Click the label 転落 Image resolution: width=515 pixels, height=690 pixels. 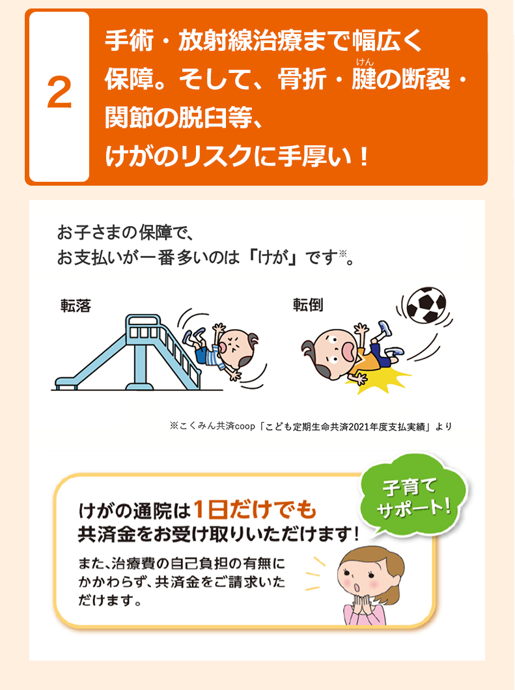pyautogui.click(x=76, y=306)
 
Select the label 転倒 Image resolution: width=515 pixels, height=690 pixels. pyautogui.click(x=307, y=306)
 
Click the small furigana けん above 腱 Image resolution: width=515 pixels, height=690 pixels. pyautogui.click(x=363, y=62)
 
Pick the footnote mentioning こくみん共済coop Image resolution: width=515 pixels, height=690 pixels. pyautogui.click(x=311, y=427)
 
